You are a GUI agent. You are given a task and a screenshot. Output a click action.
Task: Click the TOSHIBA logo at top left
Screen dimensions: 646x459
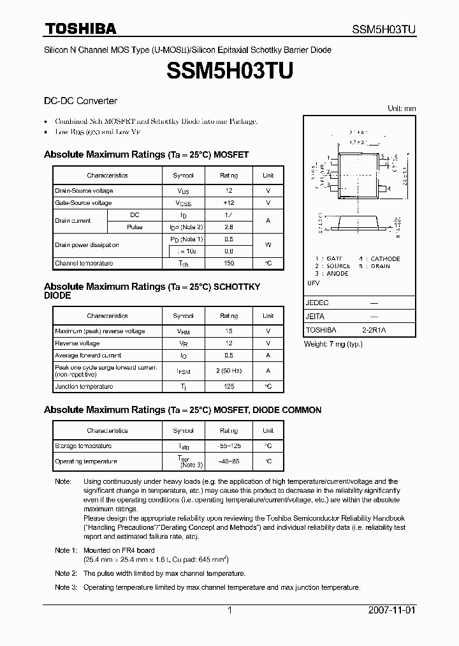(x=80, y=28)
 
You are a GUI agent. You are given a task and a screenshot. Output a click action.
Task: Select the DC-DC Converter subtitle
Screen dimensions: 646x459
(x=80, y=101)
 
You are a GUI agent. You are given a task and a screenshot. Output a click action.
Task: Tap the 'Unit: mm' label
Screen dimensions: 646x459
(x=402, y=109)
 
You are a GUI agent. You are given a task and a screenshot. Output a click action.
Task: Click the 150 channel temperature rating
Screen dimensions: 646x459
(x=229, y=263)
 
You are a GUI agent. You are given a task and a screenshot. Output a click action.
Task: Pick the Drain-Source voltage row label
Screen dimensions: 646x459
(x=84, y=191)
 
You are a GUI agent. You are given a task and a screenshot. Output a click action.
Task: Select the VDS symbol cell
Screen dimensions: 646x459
(x=183, y=191)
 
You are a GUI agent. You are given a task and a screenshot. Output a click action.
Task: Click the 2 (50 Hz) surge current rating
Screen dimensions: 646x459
(x=229, y=370)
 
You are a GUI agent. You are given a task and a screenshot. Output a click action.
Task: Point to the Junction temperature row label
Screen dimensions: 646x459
(x=84, y=386)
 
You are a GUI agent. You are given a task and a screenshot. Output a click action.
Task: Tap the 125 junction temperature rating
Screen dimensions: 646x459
(x=229, y=386)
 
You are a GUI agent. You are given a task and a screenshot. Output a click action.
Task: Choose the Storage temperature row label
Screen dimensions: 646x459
(x=84, y=446)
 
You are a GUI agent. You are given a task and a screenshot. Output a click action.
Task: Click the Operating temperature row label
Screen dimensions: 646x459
(x=86, y=461)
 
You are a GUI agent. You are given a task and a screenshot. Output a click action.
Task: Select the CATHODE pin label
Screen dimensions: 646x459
(x=385, y=259)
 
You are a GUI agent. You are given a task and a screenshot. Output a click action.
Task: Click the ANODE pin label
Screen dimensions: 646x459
(x=337, y=273)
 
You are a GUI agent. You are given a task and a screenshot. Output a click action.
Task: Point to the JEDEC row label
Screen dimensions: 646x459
(x=317, y=303)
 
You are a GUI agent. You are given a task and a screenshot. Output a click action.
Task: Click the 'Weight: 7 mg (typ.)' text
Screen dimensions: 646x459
(x=333, y=344)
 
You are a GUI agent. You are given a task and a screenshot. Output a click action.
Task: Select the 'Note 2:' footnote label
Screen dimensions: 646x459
(x=66, y=573)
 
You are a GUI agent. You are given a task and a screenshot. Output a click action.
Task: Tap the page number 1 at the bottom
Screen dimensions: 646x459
(x=229, y=610)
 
